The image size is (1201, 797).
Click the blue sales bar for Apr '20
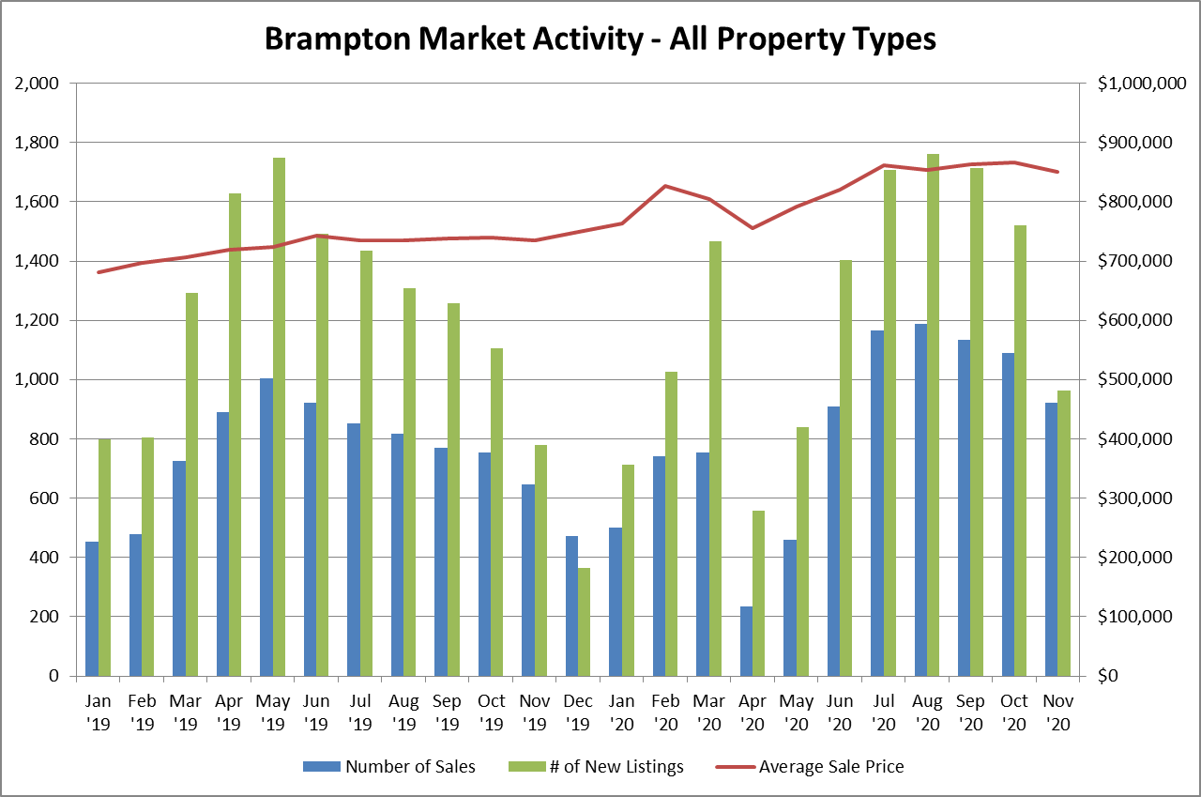[x=746, y=641]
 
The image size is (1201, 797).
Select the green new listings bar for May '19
[x=280, y=417]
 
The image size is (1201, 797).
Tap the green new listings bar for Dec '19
[x=584, y=621]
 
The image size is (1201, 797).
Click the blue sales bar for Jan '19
[x=92, y=608]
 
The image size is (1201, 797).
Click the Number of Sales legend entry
[x=389, y=767]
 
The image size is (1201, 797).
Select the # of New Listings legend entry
[x=600, y=767]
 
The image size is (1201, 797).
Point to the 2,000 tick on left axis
[x=38, y=84]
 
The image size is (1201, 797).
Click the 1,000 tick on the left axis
[x=38, y=380]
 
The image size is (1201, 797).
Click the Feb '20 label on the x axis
[x=665, y=713]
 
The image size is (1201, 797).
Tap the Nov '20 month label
[x=1057, y=713]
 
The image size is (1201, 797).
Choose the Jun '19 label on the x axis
[x=317, y=713]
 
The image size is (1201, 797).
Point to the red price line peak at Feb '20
[x=665, y=186]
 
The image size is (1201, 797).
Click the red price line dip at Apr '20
[x=753, y=228]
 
